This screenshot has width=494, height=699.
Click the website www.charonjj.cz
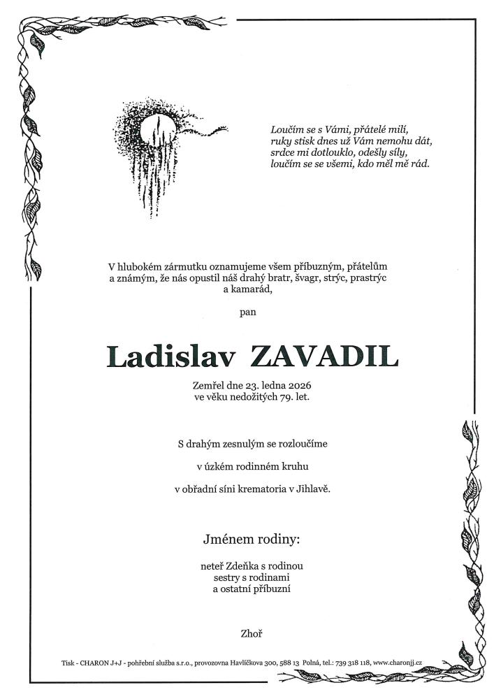(398, 662)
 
